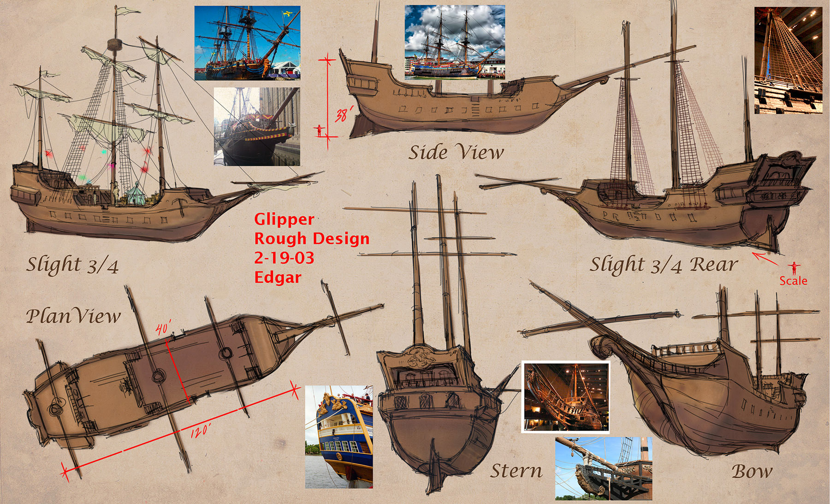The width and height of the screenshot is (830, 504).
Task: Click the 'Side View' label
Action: [456, 152]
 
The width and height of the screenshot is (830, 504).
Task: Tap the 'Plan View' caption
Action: [73, 316]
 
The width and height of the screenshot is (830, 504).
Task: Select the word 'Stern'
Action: [516, 471]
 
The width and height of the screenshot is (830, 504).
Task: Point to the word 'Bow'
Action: [752, 471]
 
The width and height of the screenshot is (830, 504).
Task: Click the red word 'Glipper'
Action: [284, 219]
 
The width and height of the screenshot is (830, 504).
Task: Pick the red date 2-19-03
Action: [284, 258]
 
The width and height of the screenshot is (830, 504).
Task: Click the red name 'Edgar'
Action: [278, 277]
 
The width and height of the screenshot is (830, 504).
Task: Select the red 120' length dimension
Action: [201, 431]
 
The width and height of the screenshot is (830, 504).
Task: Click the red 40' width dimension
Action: [163, 328]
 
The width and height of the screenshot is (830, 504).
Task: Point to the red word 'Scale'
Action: [793, 280]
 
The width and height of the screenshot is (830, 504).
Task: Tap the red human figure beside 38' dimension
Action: [319, 130]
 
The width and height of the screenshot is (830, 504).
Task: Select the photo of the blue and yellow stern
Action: [339, 437]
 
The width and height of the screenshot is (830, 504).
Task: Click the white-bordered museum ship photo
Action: [566, 397]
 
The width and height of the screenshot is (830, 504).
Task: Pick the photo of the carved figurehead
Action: [604, 468]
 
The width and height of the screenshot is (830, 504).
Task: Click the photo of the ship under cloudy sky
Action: [455, 42]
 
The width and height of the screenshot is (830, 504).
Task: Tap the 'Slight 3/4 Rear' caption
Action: [664, 265]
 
